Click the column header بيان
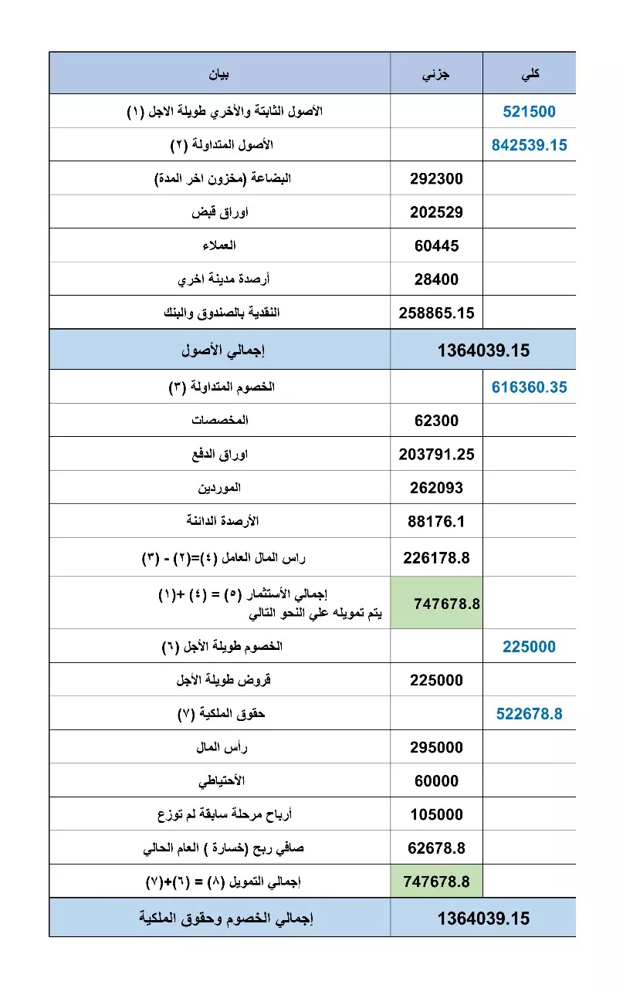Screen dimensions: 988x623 220,74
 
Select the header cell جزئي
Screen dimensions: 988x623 436,74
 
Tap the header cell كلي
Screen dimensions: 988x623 530,74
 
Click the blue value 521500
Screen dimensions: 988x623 529,112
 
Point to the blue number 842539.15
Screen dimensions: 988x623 529,145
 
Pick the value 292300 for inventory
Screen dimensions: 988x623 436,179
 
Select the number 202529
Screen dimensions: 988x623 436,212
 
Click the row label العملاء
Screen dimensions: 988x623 218,245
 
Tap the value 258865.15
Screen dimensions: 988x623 436,313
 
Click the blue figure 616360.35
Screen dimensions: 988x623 529,387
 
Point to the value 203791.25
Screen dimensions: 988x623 436,455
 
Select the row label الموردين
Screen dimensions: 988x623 220,488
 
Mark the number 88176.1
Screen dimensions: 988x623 436,522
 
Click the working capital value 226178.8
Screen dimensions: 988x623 436,557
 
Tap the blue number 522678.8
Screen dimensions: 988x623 529,714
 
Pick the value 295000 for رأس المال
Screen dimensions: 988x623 436,747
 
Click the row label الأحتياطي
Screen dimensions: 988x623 222,780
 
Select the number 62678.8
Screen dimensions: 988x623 436,848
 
